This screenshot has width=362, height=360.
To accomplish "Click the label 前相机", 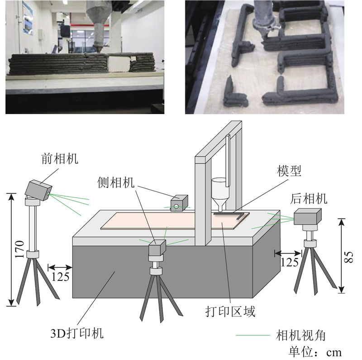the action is [60, 159].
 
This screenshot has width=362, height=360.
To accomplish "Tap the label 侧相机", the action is [115, 182].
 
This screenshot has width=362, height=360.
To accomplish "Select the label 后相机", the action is [309, 199].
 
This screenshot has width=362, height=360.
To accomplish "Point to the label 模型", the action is [289, 171].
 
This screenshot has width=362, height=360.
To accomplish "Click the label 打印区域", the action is [230, 311].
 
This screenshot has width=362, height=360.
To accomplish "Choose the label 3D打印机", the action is [77, 333].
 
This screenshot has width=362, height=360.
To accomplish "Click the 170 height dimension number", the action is [20, 250].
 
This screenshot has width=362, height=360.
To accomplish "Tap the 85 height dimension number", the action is [348, 257].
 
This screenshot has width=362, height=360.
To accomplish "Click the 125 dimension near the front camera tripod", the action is [60, 276].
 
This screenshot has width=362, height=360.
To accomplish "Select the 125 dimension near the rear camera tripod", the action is [290, 262].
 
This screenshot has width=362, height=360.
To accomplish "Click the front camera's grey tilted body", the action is [38, 190].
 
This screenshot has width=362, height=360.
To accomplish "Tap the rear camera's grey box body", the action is [308, 216].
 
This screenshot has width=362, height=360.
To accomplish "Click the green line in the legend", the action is [253, 335].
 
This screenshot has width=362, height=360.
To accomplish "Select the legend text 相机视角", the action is [300, 336].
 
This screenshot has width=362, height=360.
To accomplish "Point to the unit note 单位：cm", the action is [315, 352].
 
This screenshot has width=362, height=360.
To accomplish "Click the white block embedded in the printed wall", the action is [119, 64].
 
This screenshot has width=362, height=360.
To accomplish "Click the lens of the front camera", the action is [48, 194].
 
